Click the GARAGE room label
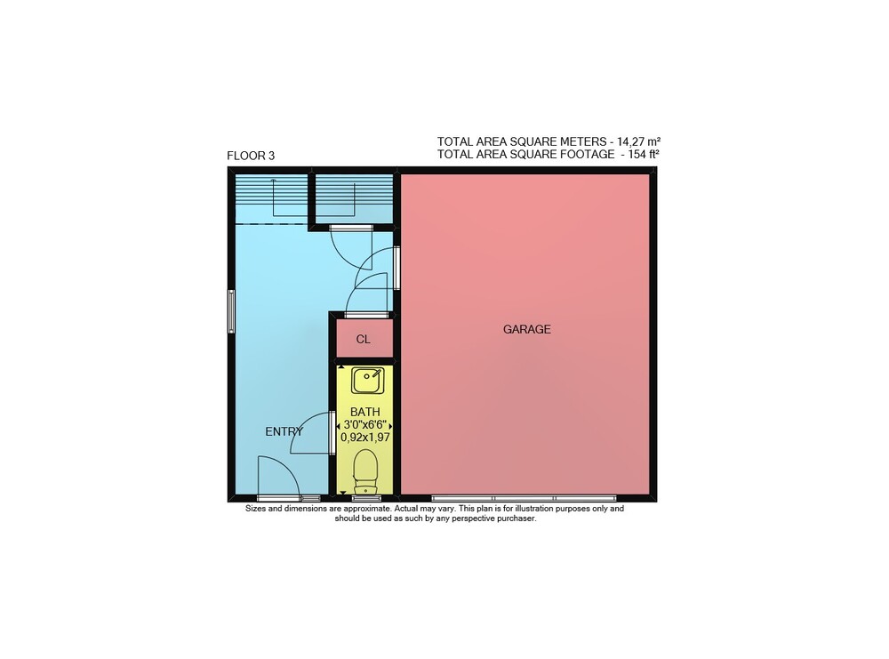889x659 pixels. pos(526,329)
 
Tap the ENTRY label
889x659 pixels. pos(284,431)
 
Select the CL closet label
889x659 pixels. pos(363,339)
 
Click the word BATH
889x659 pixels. pos(365,412)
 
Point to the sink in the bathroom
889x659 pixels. pos(367,380)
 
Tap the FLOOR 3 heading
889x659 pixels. pos(251,156)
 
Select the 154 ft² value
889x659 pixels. pos(644,154)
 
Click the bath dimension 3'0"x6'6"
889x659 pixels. pos(365,425)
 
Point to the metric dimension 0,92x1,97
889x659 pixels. pos(365,438)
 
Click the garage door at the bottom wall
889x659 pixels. pos(524,499)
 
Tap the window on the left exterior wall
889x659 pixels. pos(231,310)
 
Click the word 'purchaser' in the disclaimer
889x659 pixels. pos(516,518)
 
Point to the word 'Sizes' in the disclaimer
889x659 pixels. pos(255,509)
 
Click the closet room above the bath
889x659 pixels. pos(364,339)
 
